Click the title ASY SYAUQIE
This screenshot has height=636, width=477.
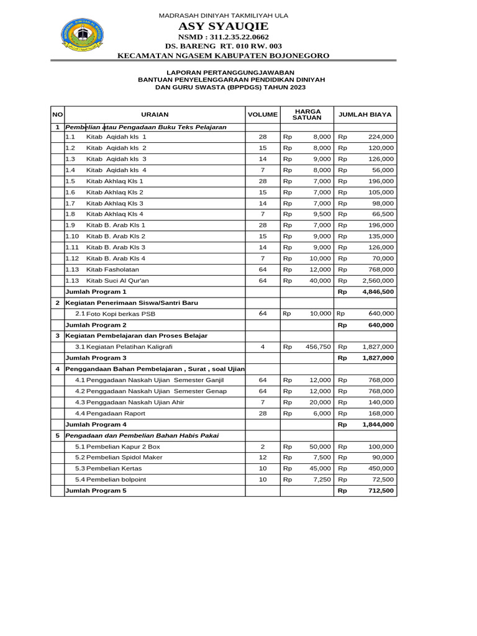[223, 26]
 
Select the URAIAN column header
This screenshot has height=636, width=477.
[155, 115]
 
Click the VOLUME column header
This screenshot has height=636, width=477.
[263, 115]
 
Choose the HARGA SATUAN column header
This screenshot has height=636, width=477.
[307, 115]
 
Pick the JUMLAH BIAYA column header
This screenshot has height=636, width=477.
[365, 115]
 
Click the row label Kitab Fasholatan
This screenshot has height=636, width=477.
[112, 270]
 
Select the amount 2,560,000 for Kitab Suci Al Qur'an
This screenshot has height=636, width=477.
[378, 281]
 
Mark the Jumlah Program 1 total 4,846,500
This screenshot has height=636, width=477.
[378, 292]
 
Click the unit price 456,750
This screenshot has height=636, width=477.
[318, 347]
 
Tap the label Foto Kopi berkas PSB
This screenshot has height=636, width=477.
[120, 314]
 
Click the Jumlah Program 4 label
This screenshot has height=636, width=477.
[96, 425]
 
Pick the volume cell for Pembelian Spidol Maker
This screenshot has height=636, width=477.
[263, 458]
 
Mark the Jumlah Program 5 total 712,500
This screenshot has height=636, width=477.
[379, 491]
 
